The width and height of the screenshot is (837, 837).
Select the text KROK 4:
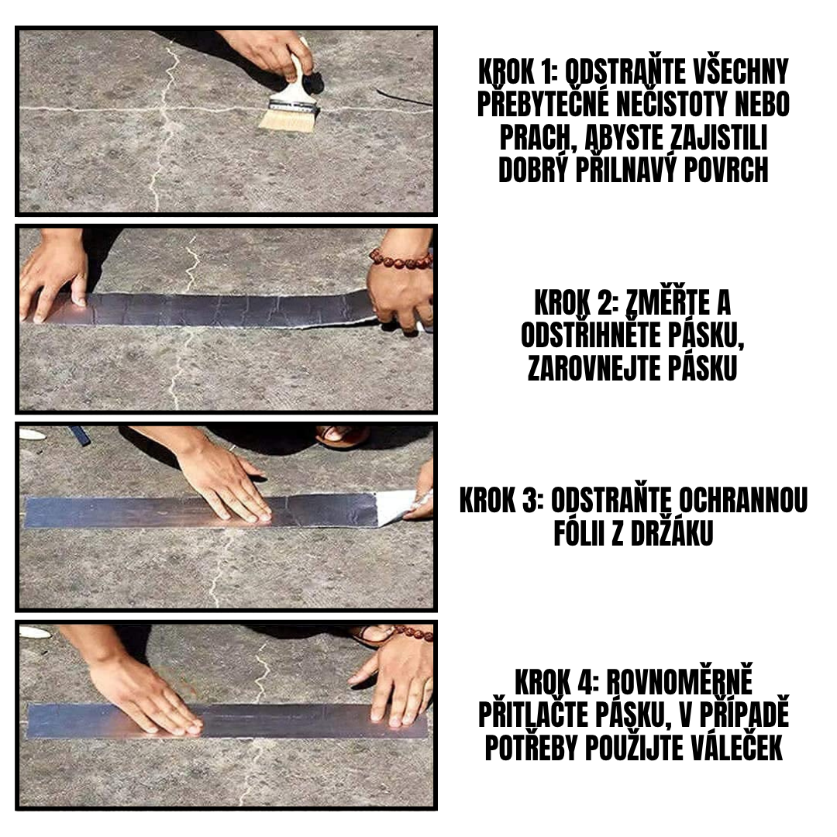(556, 683)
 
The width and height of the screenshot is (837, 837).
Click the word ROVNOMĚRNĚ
(679, 683)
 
